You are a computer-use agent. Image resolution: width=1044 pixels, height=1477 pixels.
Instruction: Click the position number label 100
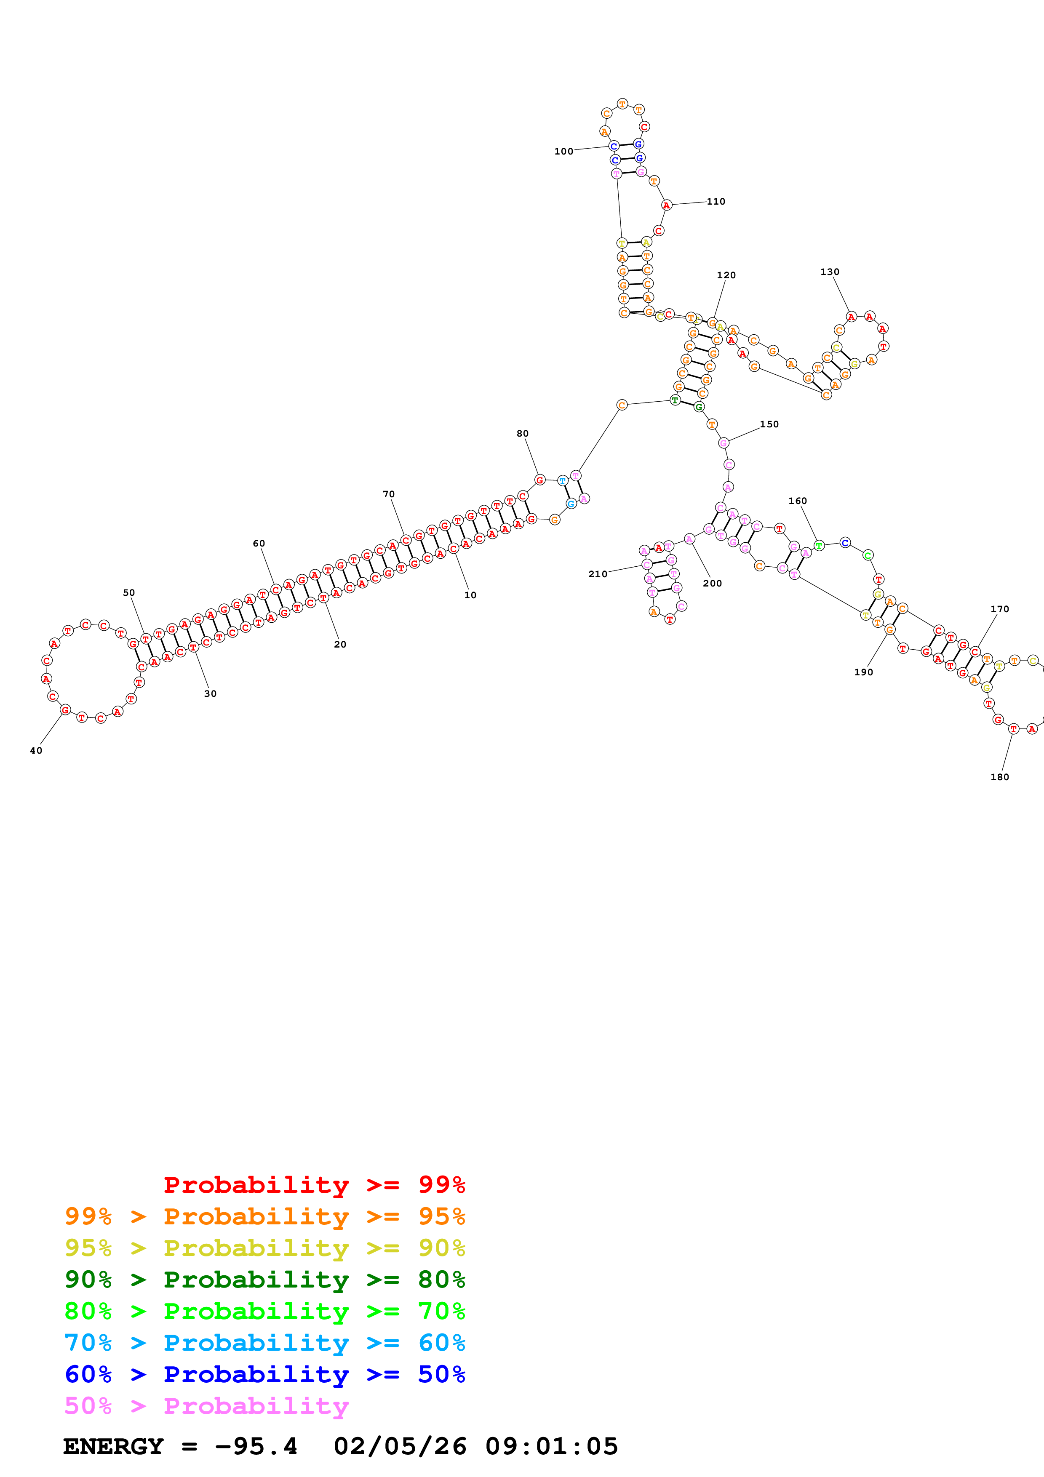coord(563,151)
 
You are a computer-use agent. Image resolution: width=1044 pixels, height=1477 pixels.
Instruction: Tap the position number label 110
coord(716,201)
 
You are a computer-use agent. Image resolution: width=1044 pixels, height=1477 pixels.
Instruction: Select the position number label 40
coord(36,750)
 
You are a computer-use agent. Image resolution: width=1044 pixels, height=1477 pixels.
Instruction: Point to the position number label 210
coord(598,574)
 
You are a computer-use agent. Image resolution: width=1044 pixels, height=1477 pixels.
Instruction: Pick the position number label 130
coord(830,272)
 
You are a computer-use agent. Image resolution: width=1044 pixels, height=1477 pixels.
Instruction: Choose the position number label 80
coord(522,434)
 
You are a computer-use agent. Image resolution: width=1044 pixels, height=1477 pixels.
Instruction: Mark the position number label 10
coord(470,595)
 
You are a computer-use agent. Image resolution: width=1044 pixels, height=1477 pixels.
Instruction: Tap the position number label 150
coord(769,424)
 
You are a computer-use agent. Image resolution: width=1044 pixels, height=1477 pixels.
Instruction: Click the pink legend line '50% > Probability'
coord(206,1405)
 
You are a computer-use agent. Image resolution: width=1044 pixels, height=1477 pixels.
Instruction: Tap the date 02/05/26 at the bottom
coord(400,1446)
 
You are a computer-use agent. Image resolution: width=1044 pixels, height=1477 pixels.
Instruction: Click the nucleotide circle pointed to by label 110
coord(666,205)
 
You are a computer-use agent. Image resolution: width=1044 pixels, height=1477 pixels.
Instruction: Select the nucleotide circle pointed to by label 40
coord(65,709)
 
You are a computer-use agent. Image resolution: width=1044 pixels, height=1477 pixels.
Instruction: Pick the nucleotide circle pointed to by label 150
coord(724,443)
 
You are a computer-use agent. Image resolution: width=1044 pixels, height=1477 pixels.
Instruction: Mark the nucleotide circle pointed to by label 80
coord(540,480)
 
